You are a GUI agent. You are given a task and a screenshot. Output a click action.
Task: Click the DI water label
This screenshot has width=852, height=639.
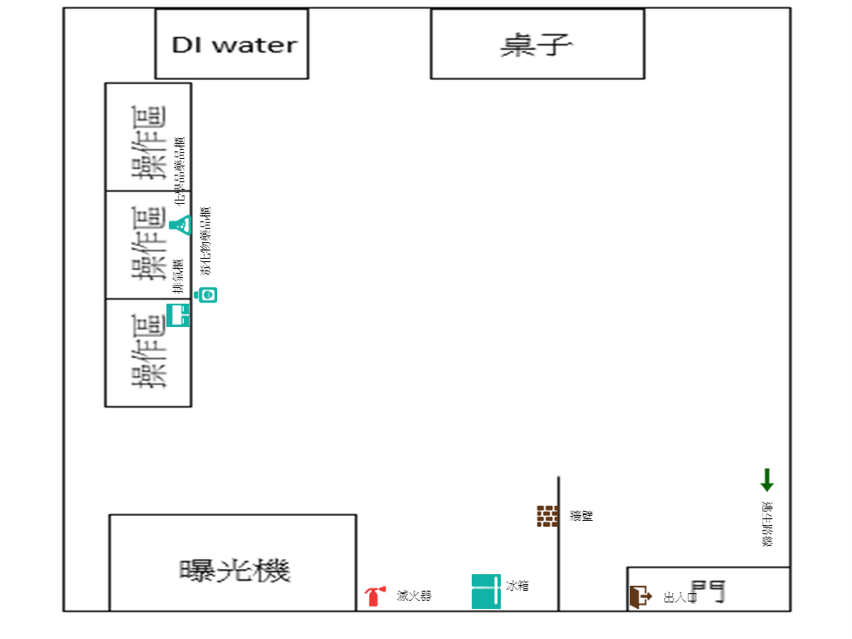click(x=234, y=45)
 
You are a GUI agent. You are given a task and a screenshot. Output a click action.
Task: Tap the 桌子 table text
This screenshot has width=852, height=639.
click(x=537, y=45)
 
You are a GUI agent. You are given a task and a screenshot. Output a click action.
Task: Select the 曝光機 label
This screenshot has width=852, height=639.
click(x=235, y=571)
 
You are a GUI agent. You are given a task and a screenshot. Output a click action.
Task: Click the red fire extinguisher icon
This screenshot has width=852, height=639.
click(x=374, y=596)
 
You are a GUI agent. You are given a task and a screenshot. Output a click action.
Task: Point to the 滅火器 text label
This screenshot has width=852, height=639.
click(x=414, y=596)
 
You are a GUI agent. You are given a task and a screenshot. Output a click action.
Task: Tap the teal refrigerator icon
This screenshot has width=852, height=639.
click(x=486, y=592)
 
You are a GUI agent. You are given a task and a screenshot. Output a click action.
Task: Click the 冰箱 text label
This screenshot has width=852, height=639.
click(x=517, y=586)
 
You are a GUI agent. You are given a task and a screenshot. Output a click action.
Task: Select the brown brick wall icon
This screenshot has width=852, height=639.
click(x=547, y=516)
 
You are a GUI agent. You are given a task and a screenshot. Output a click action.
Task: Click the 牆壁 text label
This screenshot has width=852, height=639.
click(x=582, y=516)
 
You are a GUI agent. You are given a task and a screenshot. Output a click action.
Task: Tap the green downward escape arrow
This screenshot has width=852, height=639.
click(x=766, y=480)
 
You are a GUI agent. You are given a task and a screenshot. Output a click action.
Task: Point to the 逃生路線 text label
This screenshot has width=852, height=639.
click(x=766, y=524)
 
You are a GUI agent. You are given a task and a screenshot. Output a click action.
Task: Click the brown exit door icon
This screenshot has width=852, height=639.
click(x=640, y=596)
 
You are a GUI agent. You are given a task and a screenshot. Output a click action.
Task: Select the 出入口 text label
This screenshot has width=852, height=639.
click(x=680, y=597)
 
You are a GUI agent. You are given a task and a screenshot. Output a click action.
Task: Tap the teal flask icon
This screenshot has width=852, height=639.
click(x=181, y=225)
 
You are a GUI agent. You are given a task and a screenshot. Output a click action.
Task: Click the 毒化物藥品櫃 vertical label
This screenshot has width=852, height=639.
click(x=206, y=241)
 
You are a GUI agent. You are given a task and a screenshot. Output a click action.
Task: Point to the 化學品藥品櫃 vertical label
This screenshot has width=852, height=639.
click(x=180, y=170)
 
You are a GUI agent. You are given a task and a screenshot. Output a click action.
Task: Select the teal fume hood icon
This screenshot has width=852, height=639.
click(x=179, y=315)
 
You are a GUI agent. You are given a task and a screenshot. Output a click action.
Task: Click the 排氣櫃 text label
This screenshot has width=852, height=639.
click(x=177, y=275)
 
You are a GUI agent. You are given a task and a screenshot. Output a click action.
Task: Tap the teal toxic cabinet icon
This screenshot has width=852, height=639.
click(x=206, y=295)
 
